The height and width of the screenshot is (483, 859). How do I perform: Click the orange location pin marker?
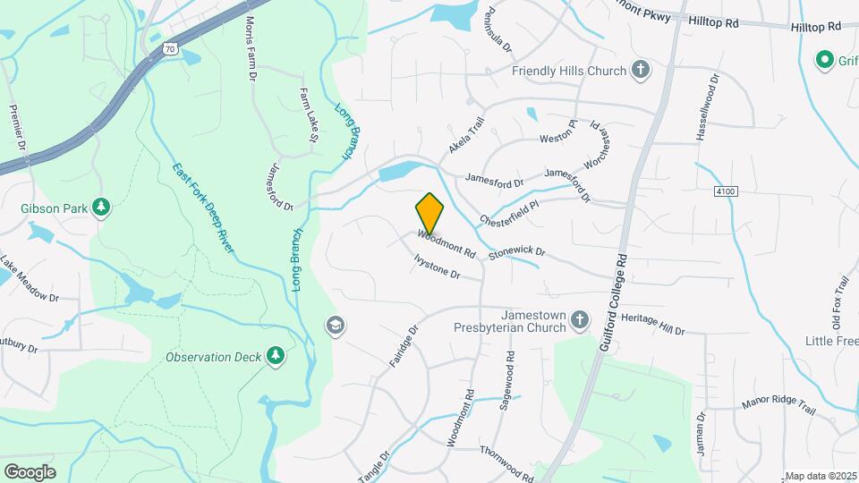[x=429, y=213]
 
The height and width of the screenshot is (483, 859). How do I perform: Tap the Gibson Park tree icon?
[x=102, y=208]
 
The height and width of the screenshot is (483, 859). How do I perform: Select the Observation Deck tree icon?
[x=276, y=357]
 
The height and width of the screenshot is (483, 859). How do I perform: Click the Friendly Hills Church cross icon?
[x=640, y=71]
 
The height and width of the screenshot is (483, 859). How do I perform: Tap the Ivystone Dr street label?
[x=437, y=267]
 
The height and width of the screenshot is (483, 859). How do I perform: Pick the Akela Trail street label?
[x=466, y=135]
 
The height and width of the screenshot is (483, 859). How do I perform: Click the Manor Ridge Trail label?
[x=778, y=405]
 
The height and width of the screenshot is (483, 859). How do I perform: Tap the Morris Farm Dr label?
[x=251, y=50]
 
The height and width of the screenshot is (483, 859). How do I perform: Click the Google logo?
[x=30, y=471]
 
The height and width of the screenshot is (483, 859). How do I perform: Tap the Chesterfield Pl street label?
[x=510, y=211]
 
